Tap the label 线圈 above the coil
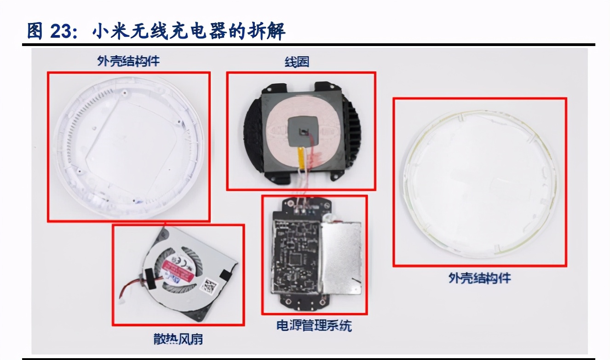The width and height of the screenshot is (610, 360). (x=297, y=62)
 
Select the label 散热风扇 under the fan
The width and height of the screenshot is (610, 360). (x=178, y=339)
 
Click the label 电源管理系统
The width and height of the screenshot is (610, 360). (x=314, y=325)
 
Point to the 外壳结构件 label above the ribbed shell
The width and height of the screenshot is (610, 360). (x=128, y=61)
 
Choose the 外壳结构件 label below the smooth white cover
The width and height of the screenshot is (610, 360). (x=479, y=278)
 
